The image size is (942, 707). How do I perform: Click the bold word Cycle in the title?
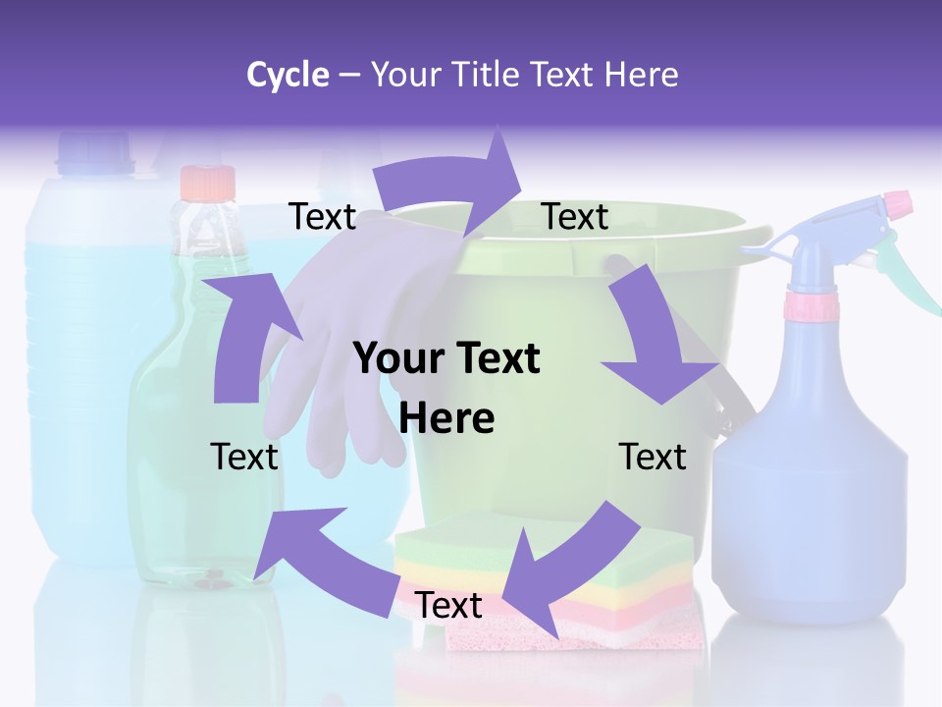(288, 75)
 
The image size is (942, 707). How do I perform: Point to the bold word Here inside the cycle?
(446, 418)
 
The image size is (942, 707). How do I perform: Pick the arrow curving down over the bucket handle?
(653, 334)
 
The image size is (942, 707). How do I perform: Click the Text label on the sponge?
(448, 605)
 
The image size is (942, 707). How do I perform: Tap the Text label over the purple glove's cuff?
(322, 217)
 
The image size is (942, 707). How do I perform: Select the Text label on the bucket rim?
(575, 217)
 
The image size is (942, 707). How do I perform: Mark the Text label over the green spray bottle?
(244, 457)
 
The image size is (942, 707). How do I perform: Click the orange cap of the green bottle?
(208, 183)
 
